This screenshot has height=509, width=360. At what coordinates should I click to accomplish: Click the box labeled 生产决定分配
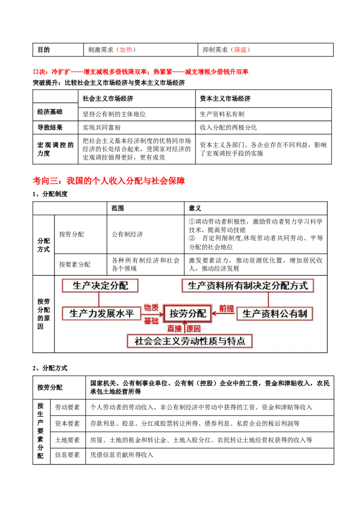point(100,286)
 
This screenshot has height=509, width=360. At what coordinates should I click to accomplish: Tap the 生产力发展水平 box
point(102,313)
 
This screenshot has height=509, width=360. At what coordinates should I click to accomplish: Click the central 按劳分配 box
point(188,314)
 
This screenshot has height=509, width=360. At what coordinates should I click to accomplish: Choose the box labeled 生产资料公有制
point(274,314)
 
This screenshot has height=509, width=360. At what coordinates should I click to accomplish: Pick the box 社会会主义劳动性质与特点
point(190,341)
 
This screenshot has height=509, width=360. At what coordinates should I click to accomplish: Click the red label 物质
point(151,308)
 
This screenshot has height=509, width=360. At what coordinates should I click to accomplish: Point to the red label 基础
point(151,321)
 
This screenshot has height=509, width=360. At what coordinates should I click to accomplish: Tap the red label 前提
point(226,308)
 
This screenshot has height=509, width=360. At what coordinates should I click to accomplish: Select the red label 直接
point(175,329)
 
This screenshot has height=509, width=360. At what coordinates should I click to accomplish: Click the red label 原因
point(194,329)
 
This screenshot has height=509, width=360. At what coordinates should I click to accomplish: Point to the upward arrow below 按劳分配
point(184,328)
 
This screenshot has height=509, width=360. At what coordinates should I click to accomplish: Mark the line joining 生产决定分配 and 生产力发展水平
point(100,299)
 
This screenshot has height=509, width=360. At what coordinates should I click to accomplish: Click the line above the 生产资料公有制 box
point(268,299)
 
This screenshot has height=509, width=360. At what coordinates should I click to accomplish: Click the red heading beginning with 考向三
point(109,181)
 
